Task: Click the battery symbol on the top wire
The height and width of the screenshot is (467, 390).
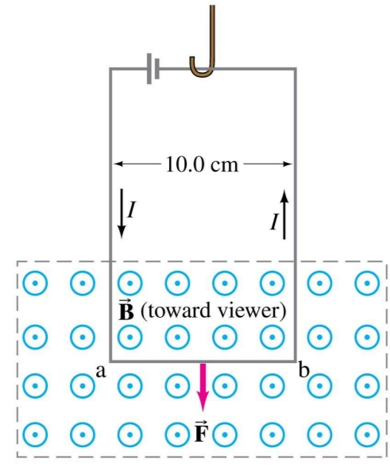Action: [x=153, y=70]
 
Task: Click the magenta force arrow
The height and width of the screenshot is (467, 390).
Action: [x=204, y=387]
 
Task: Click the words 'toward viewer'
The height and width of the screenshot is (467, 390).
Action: [x=214, y=309]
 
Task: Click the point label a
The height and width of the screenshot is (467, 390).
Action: [x=100, y=371]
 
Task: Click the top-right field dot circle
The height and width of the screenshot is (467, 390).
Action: [x=367, y=282]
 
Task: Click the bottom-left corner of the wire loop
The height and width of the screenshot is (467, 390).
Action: [x=110, y=359]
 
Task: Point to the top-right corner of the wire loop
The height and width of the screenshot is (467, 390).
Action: [x=296, y=70]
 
